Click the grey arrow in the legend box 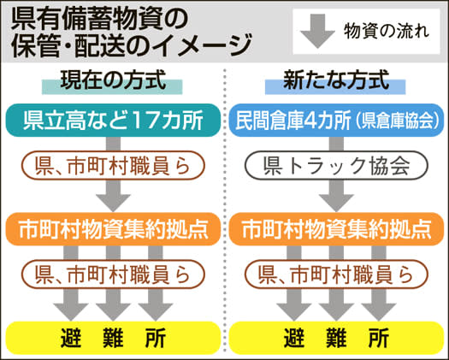317,31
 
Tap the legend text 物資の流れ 387,31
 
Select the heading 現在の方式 113,80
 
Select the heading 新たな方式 336,80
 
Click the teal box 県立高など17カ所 113,121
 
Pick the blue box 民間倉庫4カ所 336,121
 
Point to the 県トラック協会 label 336,166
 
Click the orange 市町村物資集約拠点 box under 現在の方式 113,229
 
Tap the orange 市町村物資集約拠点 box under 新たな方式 336,229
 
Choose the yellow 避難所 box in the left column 113,338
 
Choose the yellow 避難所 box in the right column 336,338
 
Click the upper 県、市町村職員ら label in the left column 113,166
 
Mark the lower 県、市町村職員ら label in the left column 113,274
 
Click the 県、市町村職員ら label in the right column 336,274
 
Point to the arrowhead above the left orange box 113,203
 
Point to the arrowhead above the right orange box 336,203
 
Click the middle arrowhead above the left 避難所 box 113,311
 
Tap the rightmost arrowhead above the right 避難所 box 379,311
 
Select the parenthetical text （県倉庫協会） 398,121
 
